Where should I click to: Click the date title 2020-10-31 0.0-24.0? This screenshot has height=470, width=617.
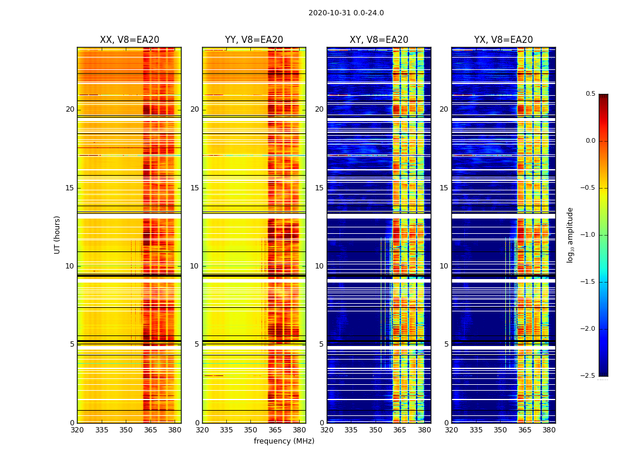[346, 13]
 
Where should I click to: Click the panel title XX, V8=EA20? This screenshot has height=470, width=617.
[129, 40]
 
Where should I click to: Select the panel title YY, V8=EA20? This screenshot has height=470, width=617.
[254, 40]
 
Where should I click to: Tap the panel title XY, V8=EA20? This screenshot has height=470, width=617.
[379, 40]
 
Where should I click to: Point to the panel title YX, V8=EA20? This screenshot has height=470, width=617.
[504, 40]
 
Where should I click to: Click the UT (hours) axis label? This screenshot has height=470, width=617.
[58, 234]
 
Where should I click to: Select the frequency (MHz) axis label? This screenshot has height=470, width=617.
[284, 441]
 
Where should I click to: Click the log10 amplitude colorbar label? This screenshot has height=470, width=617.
[570, 234]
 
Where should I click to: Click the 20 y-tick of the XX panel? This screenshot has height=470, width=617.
[70, 109]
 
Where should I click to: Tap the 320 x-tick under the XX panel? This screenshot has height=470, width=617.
[77, 430]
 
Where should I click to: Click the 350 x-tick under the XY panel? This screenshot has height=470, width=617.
[375, 430]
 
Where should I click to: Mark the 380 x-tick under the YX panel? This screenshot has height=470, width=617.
[549, 430]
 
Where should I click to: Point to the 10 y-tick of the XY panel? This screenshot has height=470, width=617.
[319, 266]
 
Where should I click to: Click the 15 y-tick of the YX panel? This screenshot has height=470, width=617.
[444, 188]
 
